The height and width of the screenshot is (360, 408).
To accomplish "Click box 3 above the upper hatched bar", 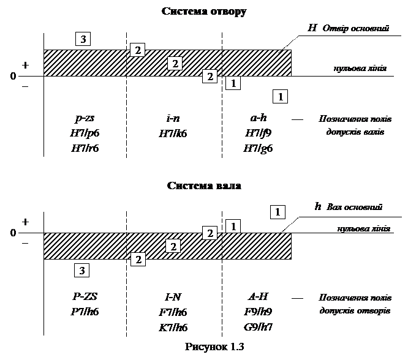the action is point(83,39).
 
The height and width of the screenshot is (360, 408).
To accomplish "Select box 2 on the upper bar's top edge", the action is point(138,50).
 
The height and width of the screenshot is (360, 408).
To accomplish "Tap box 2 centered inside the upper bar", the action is point(175,63).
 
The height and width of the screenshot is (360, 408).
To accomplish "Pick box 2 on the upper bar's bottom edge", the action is point(210,76).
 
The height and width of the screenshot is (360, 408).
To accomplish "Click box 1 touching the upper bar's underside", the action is point(233,83).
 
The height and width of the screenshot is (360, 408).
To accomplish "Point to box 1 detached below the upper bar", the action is point(280,96).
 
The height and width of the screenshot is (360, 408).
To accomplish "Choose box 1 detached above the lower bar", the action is point(278,212).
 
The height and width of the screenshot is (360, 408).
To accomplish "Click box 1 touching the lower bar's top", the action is point(233,226).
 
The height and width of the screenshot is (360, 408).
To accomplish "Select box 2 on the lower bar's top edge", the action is point(210,233).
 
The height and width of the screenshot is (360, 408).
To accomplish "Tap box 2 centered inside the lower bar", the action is point(173,246).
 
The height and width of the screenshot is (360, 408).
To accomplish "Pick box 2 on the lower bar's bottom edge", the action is point(138,259).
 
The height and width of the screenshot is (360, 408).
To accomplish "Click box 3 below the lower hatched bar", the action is point(82,270).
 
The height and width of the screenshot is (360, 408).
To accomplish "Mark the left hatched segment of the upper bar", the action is point(85,63).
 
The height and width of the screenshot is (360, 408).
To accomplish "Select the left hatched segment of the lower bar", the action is point(85,246).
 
